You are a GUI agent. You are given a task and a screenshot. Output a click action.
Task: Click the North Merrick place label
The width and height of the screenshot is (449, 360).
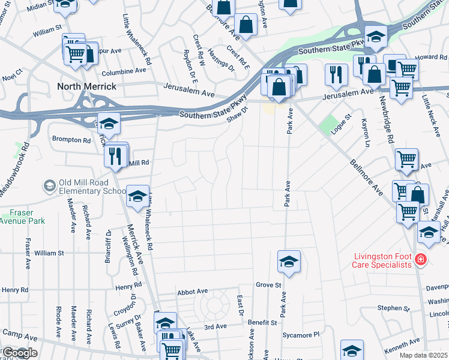(86, 86)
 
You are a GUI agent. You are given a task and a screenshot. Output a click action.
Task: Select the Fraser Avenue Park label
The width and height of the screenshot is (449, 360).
(23, 217)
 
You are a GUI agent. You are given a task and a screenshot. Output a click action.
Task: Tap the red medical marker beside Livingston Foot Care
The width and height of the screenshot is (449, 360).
(421, 259)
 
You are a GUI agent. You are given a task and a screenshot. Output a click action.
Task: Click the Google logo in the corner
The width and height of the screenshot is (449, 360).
(19, 353)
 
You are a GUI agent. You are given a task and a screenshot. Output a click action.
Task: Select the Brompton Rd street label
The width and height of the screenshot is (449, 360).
(71, 140)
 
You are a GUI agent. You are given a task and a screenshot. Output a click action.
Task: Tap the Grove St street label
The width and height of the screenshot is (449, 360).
(268, 284)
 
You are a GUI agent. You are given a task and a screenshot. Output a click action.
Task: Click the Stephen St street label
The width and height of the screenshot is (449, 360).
(393, 308)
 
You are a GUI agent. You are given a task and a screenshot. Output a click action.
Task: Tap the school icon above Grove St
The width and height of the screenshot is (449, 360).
(289, 262)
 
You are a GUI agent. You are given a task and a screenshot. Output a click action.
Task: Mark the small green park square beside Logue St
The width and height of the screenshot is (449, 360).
(328, 125)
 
